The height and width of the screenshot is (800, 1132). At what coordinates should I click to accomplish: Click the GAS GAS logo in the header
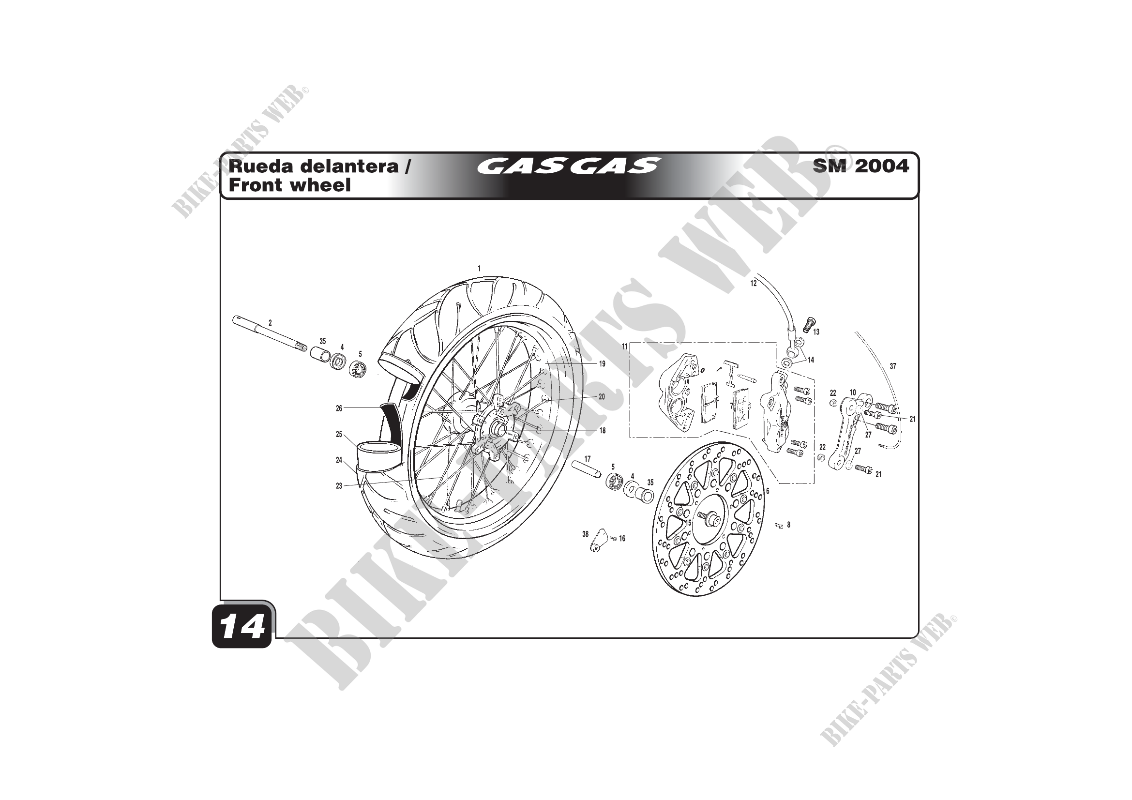point(568,166)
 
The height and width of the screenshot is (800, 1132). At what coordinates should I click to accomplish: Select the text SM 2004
point(860,166)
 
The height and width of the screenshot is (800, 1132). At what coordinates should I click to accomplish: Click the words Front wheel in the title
point(289,185)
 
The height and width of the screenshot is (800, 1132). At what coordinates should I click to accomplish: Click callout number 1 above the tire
point(479,269)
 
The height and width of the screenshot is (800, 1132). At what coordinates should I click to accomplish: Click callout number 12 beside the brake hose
point(754,284)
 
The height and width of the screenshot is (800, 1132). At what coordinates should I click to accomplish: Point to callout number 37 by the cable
point(893,366)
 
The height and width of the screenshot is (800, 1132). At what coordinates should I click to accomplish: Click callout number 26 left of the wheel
point(339,408)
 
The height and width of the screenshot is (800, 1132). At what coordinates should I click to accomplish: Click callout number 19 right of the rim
point(602,364)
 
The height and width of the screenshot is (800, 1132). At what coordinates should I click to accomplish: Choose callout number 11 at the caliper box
point(624,347)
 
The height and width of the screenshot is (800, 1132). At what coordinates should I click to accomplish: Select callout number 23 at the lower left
point(339,486)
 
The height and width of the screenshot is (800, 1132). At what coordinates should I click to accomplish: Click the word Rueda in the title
point(262,166)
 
